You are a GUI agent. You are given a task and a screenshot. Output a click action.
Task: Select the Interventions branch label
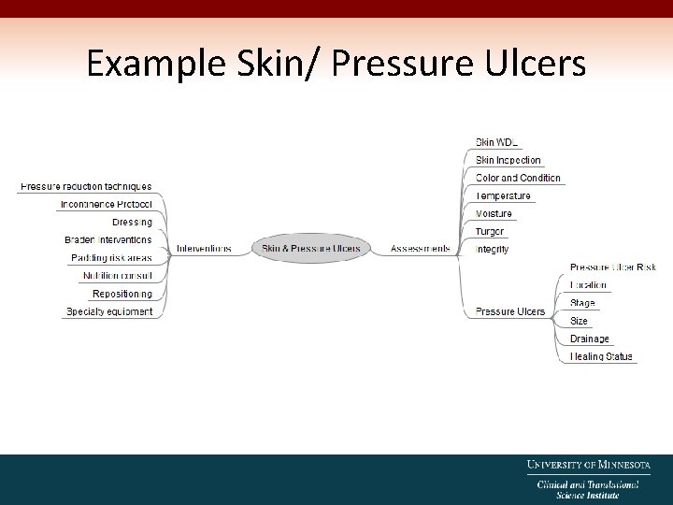click(204, 249)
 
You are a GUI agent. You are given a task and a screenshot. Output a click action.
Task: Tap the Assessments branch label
click(420, 249)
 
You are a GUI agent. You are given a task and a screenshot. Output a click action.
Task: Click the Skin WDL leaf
click(496, 142)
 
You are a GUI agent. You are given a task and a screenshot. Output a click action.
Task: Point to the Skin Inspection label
click(508, 160)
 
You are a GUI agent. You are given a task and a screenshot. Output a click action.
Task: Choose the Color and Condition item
click(518, 178)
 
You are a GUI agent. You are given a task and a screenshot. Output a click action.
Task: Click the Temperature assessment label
click(503, 195)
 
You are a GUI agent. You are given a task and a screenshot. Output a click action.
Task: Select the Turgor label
click(490, 231)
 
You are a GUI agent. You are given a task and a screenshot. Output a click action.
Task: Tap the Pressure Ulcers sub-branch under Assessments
click(509, 311)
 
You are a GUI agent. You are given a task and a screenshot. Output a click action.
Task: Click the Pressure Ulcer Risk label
click(613, 267)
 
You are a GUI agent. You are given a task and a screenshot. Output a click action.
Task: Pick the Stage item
click(582, 303)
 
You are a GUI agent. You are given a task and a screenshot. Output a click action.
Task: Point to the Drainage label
click(589, 339)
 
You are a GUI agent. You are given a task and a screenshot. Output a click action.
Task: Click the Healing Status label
click(601, 356)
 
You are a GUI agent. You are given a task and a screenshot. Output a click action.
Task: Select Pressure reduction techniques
click(86, 187)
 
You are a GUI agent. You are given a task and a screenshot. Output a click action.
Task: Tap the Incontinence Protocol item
click(106, 204)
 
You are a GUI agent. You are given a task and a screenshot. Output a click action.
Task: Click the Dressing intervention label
click(132, 222)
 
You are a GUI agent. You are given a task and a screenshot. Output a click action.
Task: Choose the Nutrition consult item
click(117, 276)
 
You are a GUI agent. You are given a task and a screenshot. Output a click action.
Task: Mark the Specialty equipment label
click(109, 311)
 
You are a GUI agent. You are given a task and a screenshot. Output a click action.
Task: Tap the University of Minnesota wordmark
click(588, 464)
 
